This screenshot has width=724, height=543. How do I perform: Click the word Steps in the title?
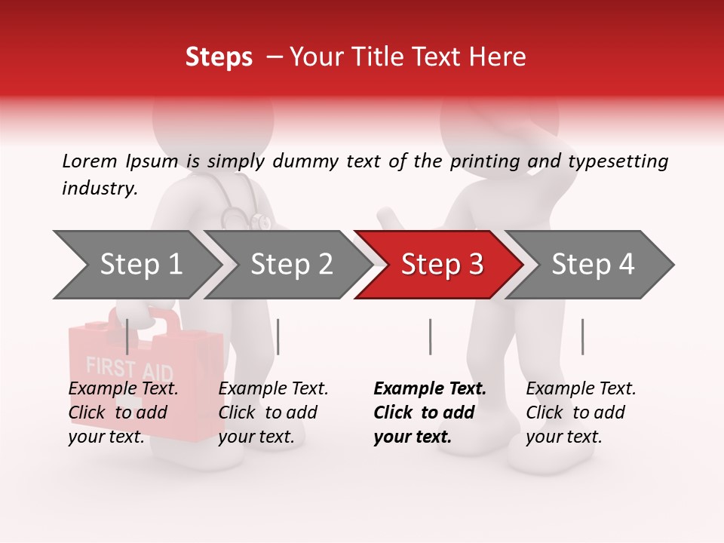[x=219, y=57]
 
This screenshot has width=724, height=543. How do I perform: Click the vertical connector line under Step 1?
[x=127, y=336]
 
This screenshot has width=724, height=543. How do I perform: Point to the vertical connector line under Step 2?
[x=278, y=336]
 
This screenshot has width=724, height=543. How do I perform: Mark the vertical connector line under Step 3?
[x=430, y=336]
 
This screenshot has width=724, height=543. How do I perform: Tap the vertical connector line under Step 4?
[x=582, y=336]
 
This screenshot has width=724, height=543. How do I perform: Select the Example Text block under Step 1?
[x=123, y=413]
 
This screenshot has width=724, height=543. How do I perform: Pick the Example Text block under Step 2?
[x=273, y=413]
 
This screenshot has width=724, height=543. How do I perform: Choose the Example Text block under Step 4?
[x=581, y=413]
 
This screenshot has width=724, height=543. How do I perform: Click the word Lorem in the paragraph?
[x=90, y=161]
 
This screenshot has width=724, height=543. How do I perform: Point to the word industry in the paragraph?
[x=99, y=189]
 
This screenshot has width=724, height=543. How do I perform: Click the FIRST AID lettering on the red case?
[x=129, y=370]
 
